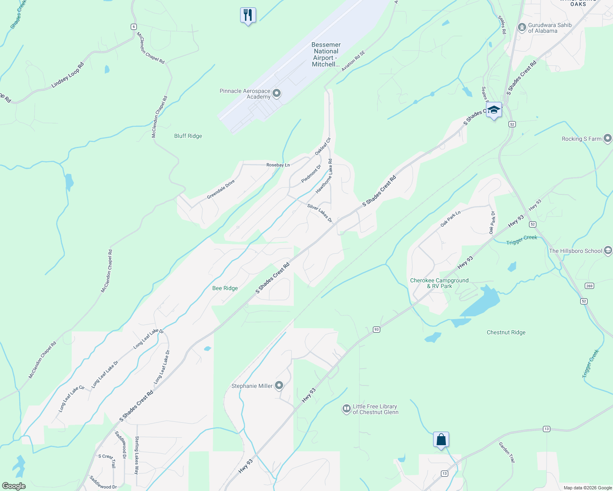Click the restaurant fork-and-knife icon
(248, 15)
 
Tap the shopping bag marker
(441, 439)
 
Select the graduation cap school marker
(494, 110)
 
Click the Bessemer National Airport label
(326, 54)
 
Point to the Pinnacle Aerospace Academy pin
(277, 94)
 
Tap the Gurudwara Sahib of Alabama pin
(522, 28)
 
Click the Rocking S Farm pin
(607, 139)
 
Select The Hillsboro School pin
(608, 251)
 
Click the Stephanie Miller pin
(279, 385)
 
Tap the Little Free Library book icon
(347, 409)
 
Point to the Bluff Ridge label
(188, 136)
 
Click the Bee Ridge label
(225, 288)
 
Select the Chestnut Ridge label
(506, 332)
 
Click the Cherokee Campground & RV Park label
(439, 283)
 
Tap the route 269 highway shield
(589, 286)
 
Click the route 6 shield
(134, 27)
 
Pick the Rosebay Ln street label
(278, 165)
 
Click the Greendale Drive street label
(220, 189)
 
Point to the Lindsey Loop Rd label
(68, 75)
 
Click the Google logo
(14, 486)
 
